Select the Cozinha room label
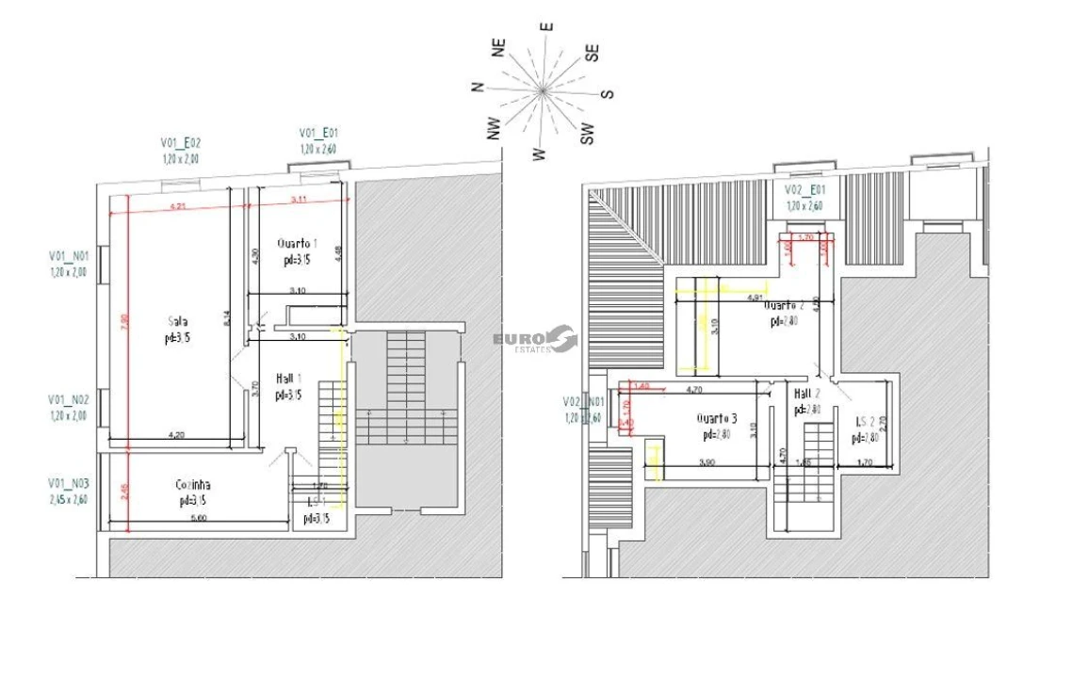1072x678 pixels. (x=192, y=485)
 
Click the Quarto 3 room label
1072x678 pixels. (x=717, y=418)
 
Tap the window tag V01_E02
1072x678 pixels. (x=181, y=143)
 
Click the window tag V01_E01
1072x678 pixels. (x=318, y=133)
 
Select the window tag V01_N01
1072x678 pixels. (x=70, y=255)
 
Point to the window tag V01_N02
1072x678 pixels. (x=70, y=399)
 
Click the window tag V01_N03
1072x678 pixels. (x=70, y=482)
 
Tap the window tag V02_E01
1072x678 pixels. (x=804, y=189)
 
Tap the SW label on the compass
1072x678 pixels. (x=588, y=137)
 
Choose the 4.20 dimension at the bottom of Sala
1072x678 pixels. (x=175, y=435)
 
